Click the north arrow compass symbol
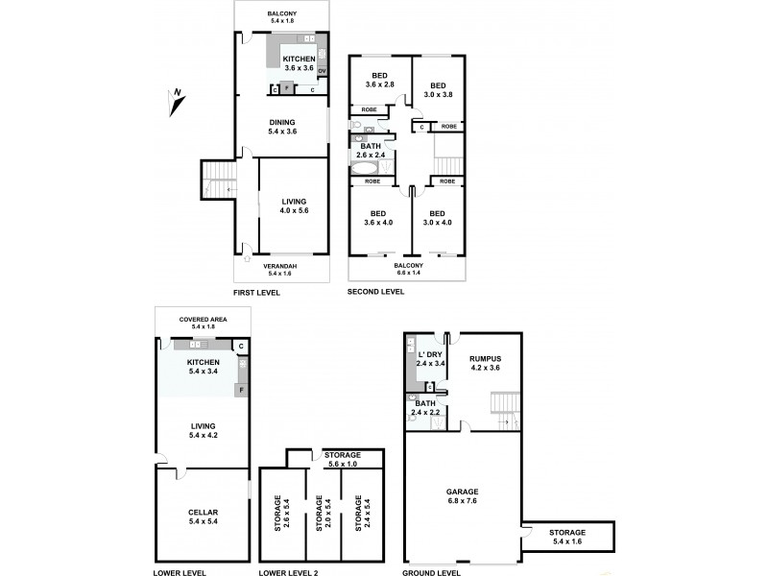tap(177, 96)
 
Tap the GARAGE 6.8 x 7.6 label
tap(463, 495)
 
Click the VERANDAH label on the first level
tap(280, 269)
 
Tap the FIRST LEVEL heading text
tap(256, 292)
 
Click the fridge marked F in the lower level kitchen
tap(241, 390)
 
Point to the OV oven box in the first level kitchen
tap(322, 71)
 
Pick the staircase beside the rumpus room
tap(505, 408)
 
